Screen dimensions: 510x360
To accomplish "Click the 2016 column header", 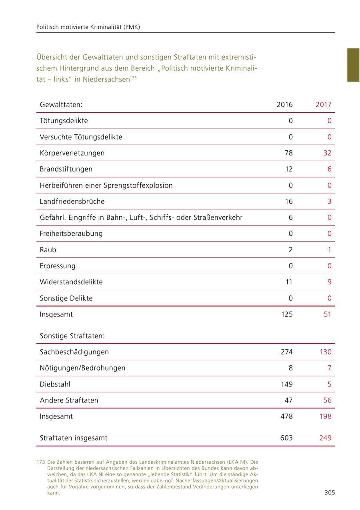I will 284,105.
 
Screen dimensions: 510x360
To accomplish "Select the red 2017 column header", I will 323,105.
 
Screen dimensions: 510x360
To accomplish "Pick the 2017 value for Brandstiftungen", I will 329,169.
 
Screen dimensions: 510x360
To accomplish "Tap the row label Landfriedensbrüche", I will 72,201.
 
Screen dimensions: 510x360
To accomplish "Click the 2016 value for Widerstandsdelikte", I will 288,282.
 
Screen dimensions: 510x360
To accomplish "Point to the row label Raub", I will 48,250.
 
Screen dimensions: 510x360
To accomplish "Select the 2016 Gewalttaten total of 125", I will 286,314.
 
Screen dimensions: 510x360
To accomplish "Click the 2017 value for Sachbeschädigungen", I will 325,352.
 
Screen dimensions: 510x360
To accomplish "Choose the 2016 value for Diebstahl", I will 286,384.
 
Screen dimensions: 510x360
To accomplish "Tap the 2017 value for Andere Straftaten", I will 327,400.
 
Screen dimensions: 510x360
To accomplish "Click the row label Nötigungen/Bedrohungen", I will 82,368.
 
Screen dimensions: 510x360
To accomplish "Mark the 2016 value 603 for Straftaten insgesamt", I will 286,438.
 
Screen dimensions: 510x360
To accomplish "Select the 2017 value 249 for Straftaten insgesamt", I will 325,438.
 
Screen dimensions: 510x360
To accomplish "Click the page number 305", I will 330,493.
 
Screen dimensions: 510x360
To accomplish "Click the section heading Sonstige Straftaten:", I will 72,336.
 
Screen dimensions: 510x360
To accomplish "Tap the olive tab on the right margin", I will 353,65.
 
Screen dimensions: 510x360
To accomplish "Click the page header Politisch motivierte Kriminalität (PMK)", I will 88,27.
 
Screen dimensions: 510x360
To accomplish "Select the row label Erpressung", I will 58,266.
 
